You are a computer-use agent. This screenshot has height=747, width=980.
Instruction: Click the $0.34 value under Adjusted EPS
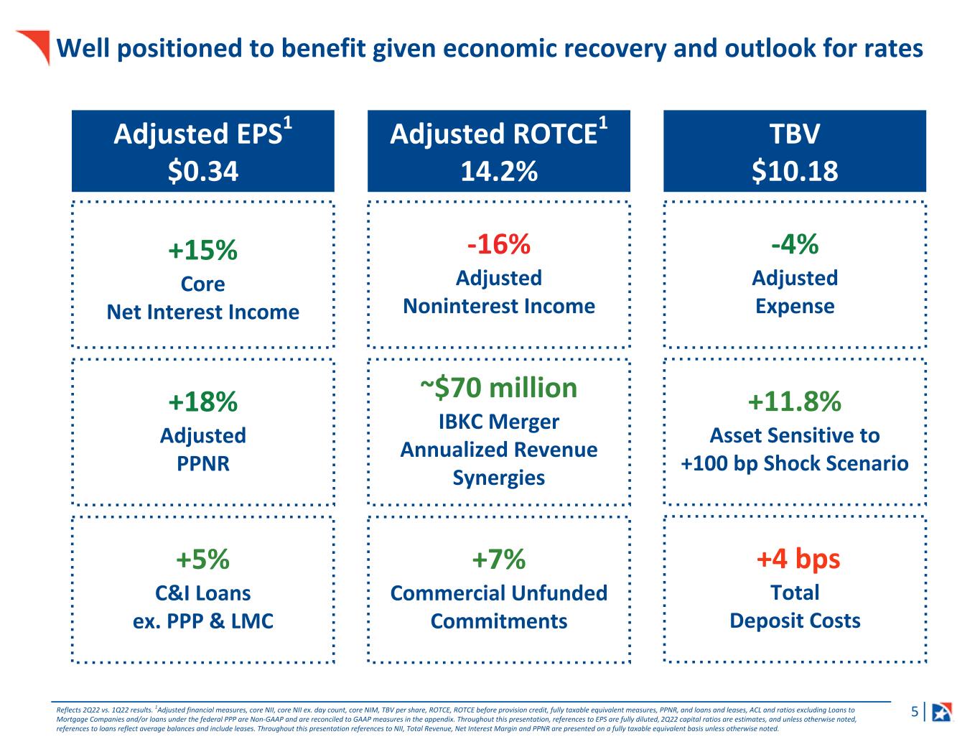click(x=202, y=171)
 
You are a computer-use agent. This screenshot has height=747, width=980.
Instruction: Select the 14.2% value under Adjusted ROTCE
click(x=499, y=171)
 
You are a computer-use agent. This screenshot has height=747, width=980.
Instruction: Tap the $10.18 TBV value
click(x=795, y=171)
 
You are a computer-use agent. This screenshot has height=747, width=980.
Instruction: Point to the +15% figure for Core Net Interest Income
click(x=202, y=251)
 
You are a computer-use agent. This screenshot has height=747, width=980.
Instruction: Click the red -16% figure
click(x=499, y=244)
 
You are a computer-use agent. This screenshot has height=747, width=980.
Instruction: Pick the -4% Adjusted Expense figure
click(x=795, y=244)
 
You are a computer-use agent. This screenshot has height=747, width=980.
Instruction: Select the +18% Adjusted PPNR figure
click(x=202, y=402)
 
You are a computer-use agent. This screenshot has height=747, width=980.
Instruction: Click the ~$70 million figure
click(x=499, y=388)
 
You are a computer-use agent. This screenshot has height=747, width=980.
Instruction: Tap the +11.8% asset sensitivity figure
click(x=795, y=402)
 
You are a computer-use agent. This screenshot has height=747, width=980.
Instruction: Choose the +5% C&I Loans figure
click(x=202, y=559)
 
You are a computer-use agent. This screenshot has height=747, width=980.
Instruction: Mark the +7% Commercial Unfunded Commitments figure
click(x=499, y=559)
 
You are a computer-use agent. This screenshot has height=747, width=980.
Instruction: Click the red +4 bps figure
click(x=798, y=559)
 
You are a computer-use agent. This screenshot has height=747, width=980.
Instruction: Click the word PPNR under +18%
click(x=203, y=464)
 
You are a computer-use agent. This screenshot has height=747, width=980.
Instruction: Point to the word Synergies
click(x=499, y=478)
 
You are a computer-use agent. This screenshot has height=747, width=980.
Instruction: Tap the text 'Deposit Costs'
click(x=795, y=621)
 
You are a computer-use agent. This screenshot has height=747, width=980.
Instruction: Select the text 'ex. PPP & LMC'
click(x=203, y=621)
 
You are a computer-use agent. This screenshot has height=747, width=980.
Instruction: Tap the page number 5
click(x=915, y=713)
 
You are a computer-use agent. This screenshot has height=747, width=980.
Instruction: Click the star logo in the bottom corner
click(x=942, y=712)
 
